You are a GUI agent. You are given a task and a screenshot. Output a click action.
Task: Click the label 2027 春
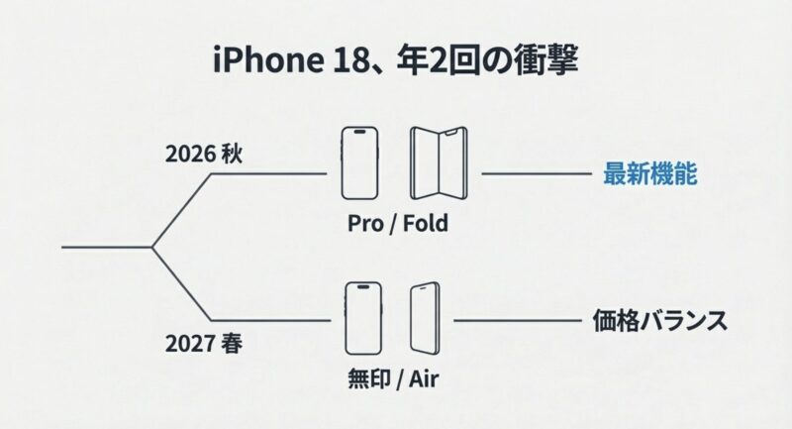204,347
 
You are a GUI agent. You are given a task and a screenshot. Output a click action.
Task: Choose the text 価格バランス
653,321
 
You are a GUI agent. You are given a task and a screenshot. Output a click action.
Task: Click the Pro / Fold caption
398,223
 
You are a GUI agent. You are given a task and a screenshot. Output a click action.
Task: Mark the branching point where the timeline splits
151,246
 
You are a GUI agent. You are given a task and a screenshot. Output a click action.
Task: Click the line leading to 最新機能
535,173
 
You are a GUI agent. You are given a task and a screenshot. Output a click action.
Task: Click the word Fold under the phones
425,223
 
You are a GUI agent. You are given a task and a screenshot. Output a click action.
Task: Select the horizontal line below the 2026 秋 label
267,173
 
